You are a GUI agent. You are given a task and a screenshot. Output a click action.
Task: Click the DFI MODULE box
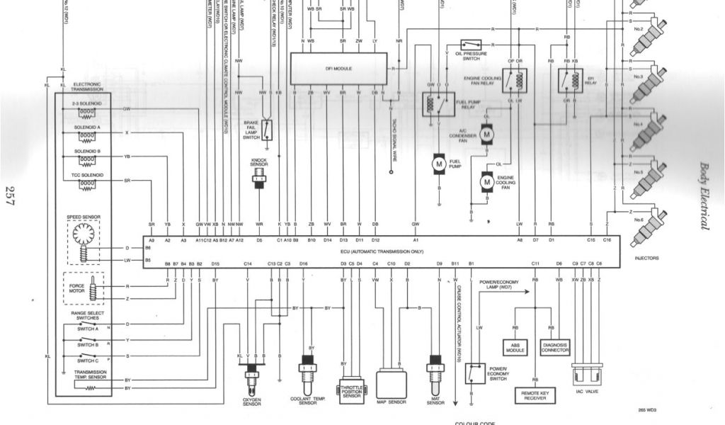339,69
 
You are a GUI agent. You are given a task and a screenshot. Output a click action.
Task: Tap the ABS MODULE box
515,347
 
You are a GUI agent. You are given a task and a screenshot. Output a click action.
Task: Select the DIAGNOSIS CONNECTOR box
555,347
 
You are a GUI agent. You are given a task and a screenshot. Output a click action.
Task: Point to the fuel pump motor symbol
438,164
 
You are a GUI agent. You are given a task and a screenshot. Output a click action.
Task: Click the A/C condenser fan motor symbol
486,132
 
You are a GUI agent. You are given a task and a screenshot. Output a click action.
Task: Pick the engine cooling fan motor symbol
486,182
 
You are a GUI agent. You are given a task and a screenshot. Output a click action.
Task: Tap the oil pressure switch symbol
471,44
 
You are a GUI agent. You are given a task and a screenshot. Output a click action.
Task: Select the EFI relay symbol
570,81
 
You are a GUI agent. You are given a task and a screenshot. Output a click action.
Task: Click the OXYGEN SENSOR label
252,402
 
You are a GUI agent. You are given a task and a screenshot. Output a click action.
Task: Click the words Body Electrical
704,195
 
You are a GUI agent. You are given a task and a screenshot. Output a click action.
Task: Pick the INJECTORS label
646,258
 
